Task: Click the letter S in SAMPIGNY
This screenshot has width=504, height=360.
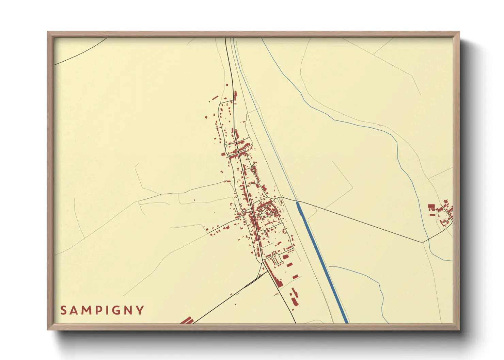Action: (x=64, y=310)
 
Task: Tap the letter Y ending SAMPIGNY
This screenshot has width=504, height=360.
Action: (x=140, y=310)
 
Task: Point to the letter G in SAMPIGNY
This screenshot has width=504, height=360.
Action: (x=116, y=310)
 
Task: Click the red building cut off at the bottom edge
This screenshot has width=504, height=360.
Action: (x=187, y=321)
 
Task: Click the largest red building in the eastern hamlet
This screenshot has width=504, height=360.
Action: (x=431, y=207)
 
